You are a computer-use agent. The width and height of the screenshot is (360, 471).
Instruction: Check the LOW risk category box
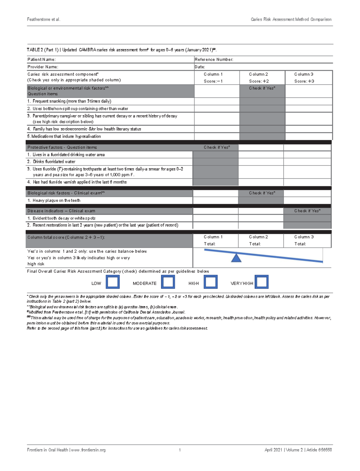click(113, 282)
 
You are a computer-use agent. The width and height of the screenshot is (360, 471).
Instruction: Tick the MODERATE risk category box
click(168, 282)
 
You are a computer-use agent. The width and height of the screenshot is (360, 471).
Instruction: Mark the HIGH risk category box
click(211, 282)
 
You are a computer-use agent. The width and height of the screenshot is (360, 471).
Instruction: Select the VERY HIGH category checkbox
click(262, 282)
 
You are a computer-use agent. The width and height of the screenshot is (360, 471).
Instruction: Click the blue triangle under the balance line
click(236, 258)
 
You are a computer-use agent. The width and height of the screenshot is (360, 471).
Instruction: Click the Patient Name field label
click(41, 59)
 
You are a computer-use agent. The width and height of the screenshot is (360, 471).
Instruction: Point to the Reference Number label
click(214, 59)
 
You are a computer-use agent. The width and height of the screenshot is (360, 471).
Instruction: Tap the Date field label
click(200, 67)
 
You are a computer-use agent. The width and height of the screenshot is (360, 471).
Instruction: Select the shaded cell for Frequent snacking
click(262, 101)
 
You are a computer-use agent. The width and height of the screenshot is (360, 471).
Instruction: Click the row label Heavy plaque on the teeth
click(56, 200)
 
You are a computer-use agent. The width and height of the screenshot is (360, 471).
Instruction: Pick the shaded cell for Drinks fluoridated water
click(215, 162)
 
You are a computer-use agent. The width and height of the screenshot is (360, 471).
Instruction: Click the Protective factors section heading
click(62, 147)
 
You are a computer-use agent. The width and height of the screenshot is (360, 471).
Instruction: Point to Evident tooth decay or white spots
click(64, 218)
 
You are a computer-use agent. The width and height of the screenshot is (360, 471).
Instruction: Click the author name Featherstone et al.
click(43, 19)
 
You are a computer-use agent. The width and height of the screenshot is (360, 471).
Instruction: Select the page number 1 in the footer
click(180, 450)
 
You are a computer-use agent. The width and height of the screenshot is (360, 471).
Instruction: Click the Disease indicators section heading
click(61, 211)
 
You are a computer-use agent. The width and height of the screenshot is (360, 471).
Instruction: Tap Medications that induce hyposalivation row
click(64, 136)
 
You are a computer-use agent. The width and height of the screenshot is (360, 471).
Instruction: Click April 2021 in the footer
click(273, 450)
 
